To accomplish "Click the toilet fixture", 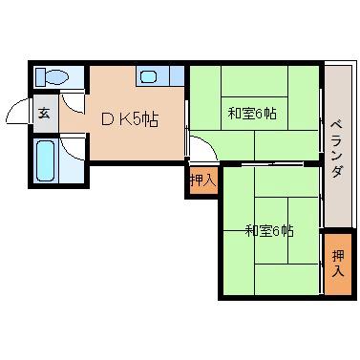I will coord(54,77).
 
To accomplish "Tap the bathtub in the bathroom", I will coord(46,159).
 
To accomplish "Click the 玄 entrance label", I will coord(44,114).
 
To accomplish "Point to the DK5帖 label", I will coord(130,119).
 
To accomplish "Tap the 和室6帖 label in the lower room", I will coord(268,230).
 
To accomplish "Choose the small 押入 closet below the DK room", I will coord(201,180).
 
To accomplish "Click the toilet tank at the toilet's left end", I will coord(39,77).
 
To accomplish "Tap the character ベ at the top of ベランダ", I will coord(336,126).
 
